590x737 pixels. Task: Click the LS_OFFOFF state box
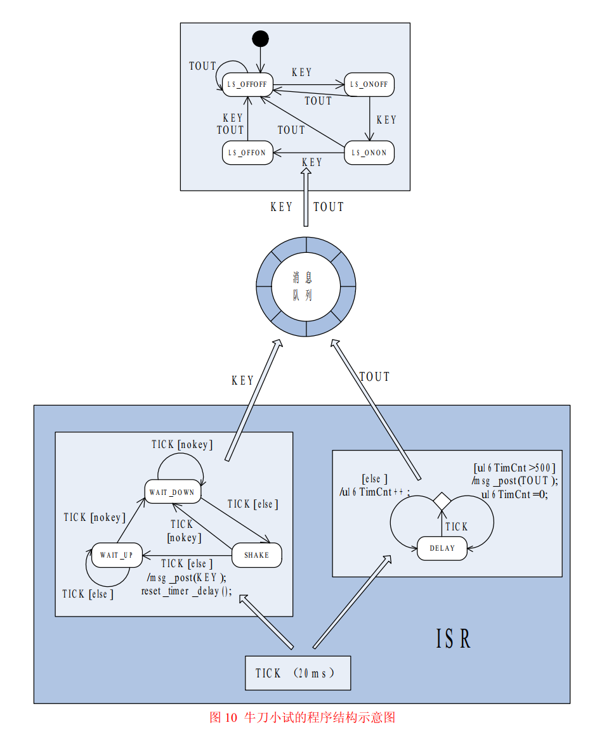[247, 85]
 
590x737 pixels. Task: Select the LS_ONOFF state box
[369, 85]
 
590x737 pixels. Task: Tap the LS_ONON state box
[369, 153]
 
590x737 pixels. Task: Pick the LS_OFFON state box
[247, 153]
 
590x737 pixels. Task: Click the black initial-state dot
[260, 39]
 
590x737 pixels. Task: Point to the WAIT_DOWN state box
[171, 492]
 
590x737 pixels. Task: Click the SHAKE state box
[256, 555]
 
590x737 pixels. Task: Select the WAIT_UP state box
[116, 555]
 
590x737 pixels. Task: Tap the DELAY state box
[442, 548]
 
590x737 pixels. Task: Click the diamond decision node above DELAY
[442, 501]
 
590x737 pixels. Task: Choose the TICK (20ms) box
[298, 673]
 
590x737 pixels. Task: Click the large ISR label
[454, 639]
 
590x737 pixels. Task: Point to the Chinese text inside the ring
[303, 286]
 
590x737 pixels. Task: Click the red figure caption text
[303, 717]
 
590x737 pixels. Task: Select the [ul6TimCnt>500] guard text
[515, 468]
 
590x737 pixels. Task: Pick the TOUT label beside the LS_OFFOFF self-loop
[202, 66]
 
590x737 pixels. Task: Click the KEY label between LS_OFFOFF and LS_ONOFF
[302, 72]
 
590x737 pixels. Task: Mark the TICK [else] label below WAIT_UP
[89, 594]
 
